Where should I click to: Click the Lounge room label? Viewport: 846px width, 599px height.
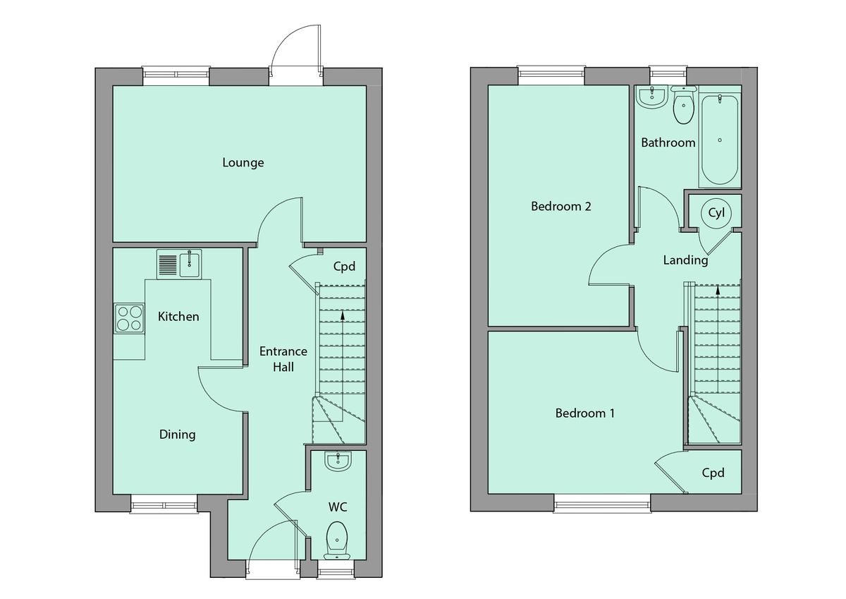243,163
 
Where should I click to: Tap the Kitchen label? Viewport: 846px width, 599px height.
178,317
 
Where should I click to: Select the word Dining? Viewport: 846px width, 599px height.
177,435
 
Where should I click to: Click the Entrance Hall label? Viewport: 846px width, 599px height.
283,359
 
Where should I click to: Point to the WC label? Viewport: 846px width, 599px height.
337,507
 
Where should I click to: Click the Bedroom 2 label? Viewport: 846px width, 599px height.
560,207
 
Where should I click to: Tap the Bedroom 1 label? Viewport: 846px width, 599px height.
584,413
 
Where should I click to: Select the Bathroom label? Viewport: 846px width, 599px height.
668,143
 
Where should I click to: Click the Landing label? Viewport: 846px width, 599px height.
685,260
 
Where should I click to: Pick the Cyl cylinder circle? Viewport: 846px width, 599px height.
716,213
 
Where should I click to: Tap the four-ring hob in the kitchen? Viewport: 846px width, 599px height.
128,317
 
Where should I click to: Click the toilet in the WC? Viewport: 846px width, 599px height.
337,539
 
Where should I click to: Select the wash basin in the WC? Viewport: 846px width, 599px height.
338,461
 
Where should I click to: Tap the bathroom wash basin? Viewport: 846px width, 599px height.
651,97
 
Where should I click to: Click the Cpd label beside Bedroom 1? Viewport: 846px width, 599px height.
713,473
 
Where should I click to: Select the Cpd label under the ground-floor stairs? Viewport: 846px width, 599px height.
344,267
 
